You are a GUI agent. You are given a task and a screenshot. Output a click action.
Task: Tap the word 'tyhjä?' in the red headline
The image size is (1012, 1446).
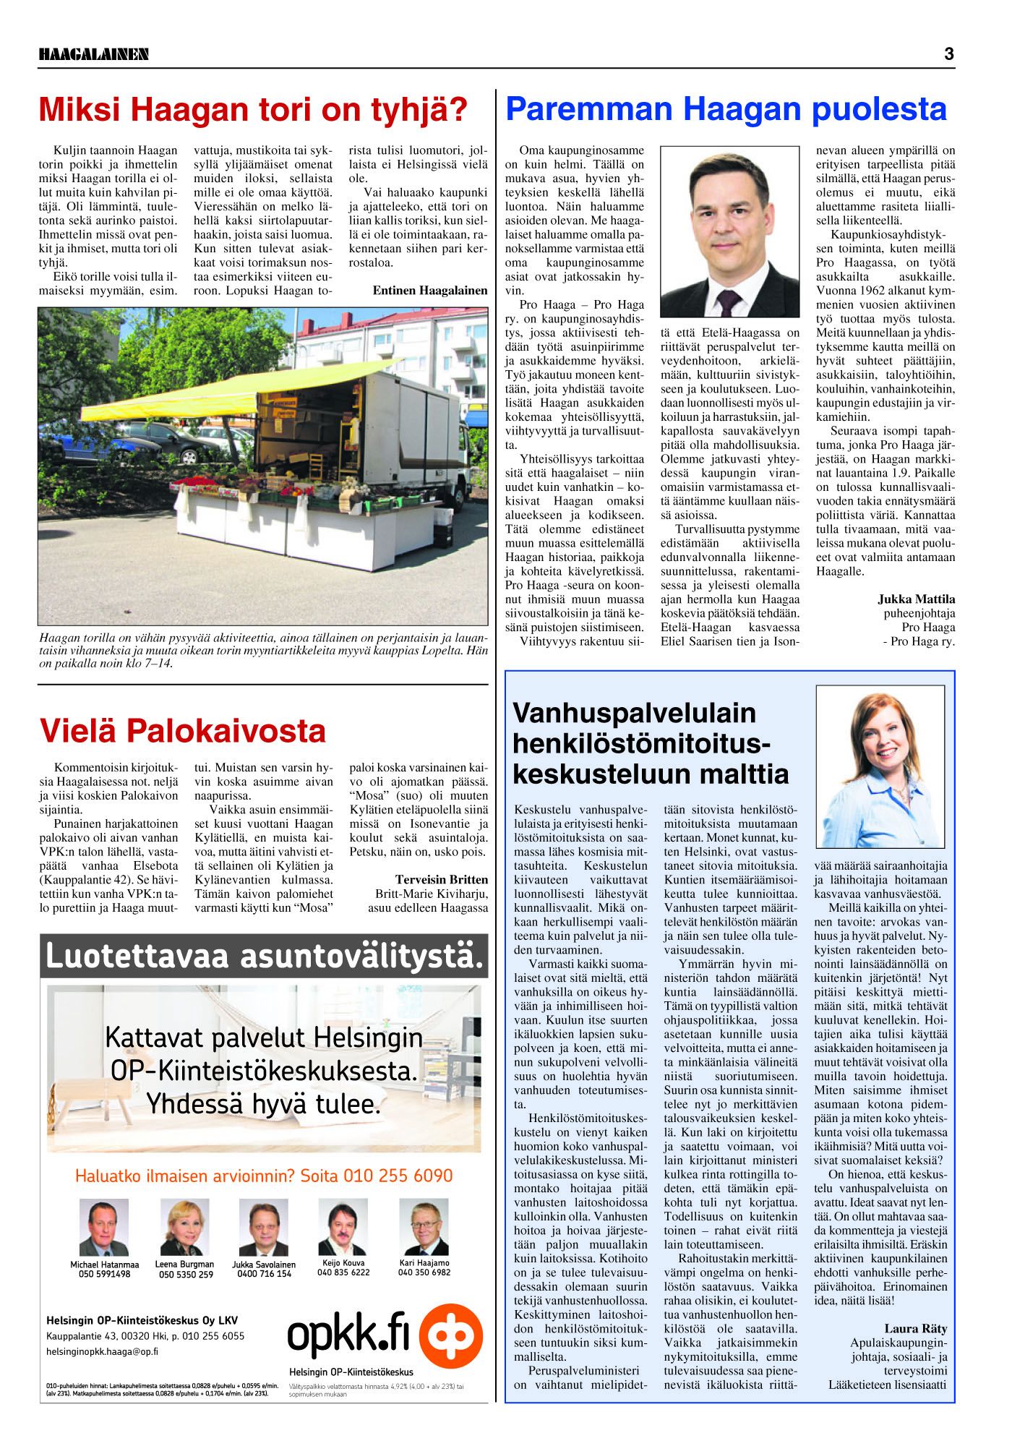pos(418,109)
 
